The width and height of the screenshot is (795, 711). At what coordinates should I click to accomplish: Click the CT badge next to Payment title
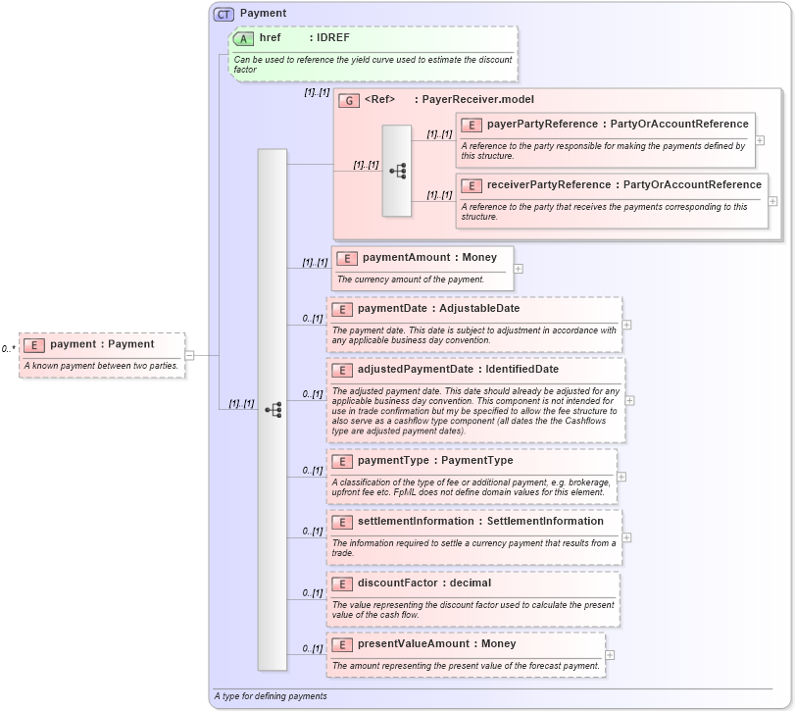click(224, 14)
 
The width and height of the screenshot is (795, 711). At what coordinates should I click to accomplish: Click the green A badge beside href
click(243, 38)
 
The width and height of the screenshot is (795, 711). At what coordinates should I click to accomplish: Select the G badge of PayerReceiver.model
click(348, 100)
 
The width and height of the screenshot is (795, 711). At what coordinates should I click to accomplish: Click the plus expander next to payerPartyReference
click(760, 140)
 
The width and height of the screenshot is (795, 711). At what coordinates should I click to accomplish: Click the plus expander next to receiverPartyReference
click(772, 201)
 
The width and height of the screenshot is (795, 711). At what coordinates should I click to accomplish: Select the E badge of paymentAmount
click(346, 258)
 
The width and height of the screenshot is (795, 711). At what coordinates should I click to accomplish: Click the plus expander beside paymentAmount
click(518, 269)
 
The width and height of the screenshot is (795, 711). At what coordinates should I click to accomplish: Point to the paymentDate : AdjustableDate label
click(438, 309)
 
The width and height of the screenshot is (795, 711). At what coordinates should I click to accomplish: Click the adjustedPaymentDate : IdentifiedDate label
click(458, 370)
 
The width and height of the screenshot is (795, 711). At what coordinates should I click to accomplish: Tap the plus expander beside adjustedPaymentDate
click(629, 400)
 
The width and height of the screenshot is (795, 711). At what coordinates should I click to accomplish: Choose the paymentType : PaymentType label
click(434, 461)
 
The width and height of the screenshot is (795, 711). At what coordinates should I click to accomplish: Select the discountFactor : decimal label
click(423, 584)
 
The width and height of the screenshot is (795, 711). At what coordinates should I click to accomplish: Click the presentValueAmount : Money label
click(436, 644)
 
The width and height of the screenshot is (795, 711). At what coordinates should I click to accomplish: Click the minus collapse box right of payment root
click(189, 355)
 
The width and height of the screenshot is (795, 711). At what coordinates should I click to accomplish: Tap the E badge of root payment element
click(34, 344)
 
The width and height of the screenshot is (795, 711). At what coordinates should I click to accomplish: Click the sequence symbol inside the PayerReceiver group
click(397, 171)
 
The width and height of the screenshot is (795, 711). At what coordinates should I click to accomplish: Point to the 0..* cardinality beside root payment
click(9, 348)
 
